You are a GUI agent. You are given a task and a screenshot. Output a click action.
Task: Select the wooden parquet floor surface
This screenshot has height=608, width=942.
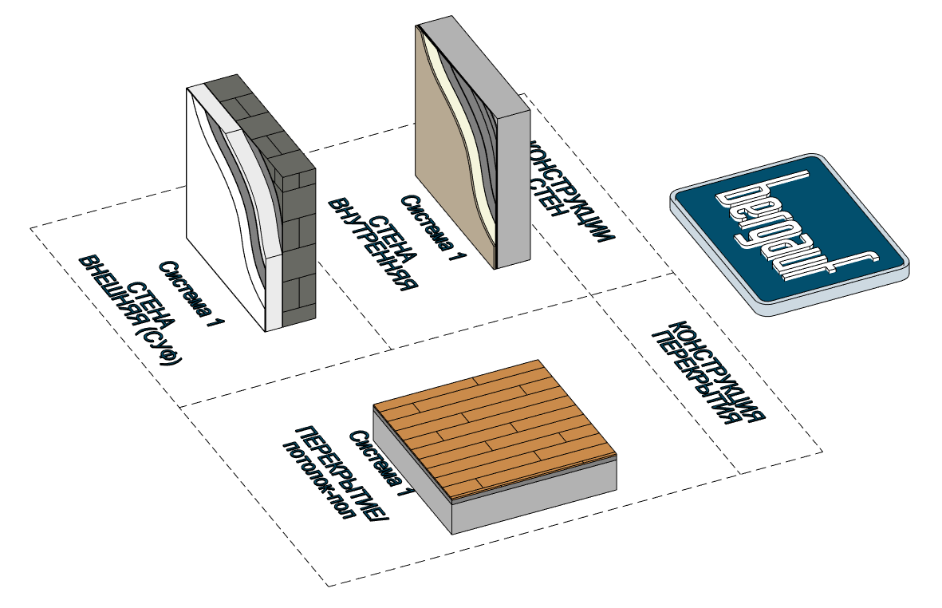494,431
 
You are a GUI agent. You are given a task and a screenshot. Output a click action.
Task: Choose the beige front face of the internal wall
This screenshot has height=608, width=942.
447,160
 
